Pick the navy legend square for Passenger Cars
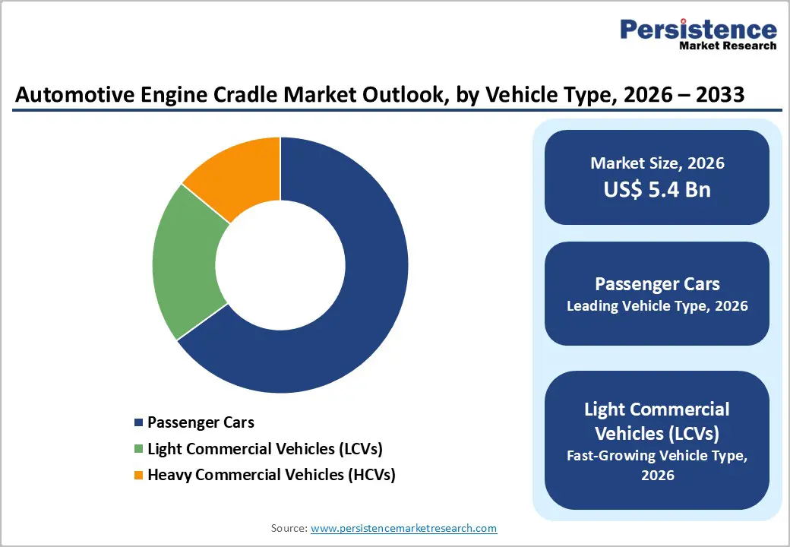tap(138, 422)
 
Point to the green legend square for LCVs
tap(138, 449)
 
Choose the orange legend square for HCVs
tap(138, 476)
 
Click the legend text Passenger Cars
tap(201, 422)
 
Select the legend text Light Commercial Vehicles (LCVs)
tap(264, 449)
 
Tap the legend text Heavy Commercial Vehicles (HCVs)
tap(271, 476)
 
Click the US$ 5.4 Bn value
tap(657, 189)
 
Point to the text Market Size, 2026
tap(657, 163)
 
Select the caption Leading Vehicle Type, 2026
tap(657, 306)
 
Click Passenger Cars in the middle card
tap(657, 284)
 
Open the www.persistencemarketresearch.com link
tap(403, 528)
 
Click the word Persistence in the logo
tap(698, 30)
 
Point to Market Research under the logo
tap(728, 46)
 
